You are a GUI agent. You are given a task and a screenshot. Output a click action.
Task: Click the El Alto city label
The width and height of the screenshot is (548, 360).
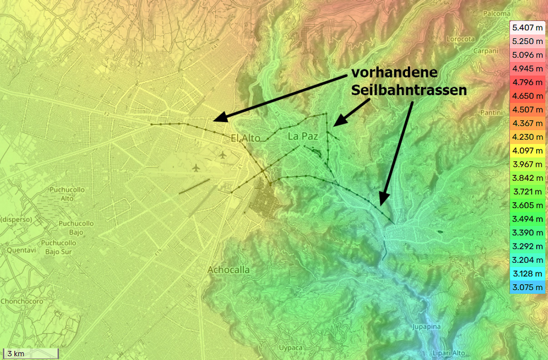point(245,138)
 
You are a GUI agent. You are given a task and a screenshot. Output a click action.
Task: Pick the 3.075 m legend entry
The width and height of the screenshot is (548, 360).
point(528,287)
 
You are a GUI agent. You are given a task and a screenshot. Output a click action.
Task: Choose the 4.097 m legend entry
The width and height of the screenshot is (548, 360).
point(528,151)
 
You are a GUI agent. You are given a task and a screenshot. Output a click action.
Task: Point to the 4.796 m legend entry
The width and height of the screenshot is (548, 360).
point(528,82)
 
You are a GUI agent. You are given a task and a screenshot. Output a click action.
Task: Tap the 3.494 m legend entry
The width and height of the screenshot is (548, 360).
point(528,219)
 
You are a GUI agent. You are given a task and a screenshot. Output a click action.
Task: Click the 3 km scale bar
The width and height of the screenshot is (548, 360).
point(30,353)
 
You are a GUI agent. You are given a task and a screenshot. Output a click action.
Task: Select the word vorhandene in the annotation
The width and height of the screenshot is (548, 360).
point(394,73)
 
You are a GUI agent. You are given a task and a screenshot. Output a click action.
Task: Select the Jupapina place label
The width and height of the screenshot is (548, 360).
point(426,327)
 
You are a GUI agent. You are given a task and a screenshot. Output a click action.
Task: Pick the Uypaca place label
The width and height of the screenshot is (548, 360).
point(290,347)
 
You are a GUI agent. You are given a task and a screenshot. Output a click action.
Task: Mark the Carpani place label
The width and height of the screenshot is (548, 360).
point(485,51)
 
